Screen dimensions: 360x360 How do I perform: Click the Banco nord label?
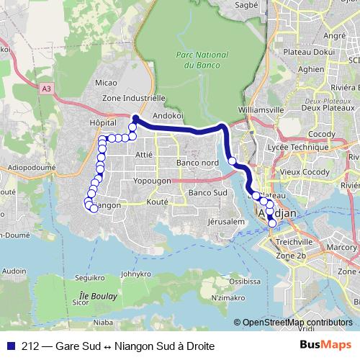pos(197,163)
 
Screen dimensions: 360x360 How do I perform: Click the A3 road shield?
pos(47,88)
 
